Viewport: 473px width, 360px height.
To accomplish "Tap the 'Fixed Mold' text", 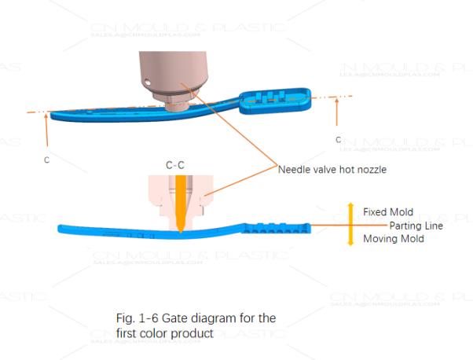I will coord(389,211).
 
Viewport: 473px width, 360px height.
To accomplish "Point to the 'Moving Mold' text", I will coord(394,239).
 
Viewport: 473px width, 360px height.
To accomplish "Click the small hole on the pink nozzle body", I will coord(147,79).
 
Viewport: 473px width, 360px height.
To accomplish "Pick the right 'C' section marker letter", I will coord(338,139).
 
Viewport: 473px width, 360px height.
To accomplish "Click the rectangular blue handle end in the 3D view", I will coord(281,101).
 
